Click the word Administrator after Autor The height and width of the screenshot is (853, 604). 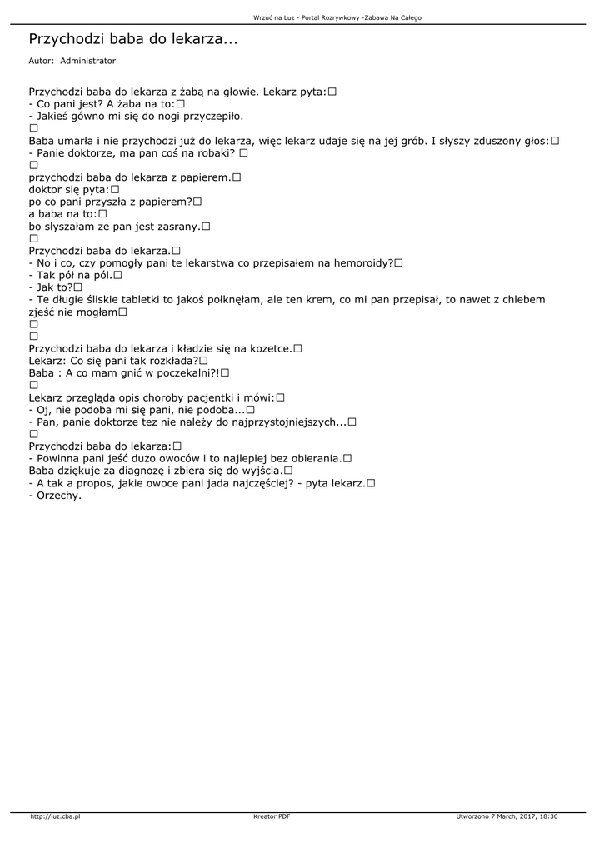click(88, 61)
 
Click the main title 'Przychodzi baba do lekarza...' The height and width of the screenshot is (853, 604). click(132, 38)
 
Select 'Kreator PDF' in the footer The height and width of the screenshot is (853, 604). click(272, 816)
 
